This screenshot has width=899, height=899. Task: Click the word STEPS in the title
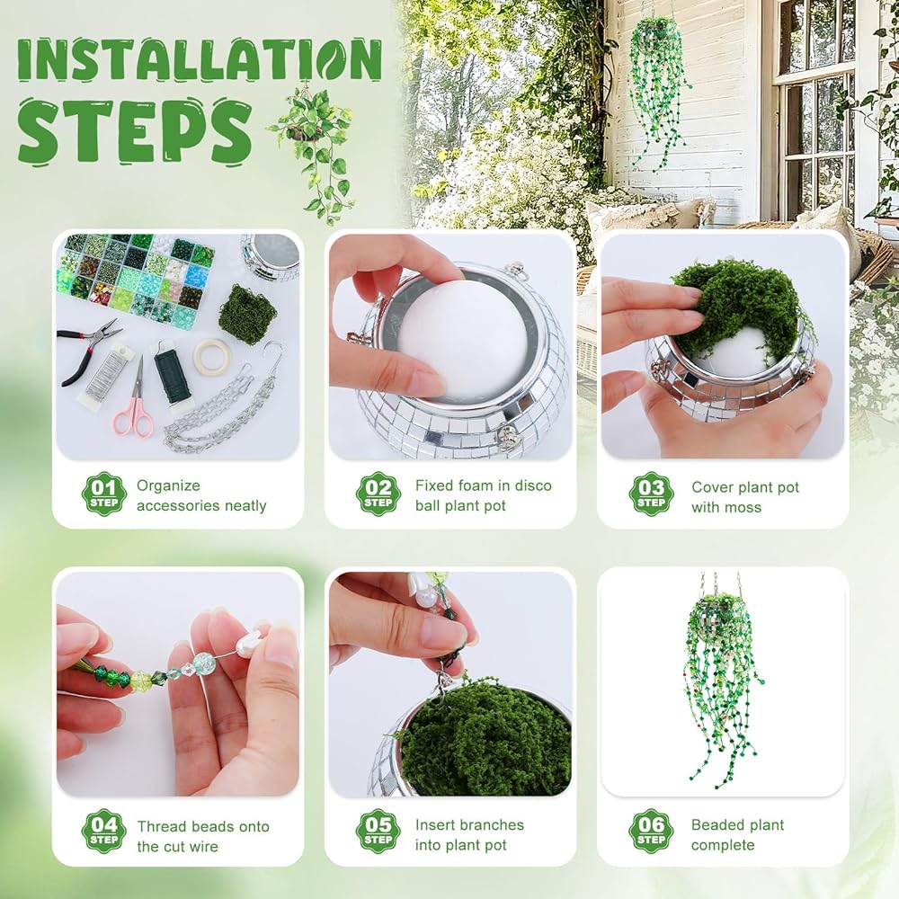pos(135,130)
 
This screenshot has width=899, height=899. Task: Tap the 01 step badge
pos(103,494)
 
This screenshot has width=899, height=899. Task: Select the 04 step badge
pos(103,831)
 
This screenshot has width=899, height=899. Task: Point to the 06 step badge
pos(651,831)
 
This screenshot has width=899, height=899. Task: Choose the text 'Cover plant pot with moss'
pos(744,497)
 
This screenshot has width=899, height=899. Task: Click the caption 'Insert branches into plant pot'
pos(469,835)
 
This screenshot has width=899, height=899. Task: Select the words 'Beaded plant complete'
pos(737,835)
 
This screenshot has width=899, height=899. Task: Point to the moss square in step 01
pos(247,314)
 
